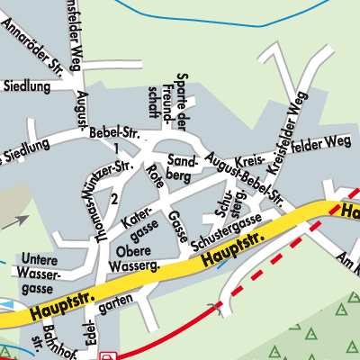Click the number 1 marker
point(116,147)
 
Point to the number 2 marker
point(114,198)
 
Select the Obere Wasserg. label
point(133,257)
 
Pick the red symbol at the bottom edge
point(109,355)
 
